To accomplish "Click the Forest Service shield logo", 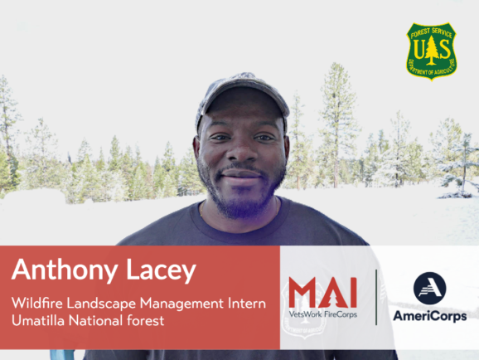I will [x=431, y=51].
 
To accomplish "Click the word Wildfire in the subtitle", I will [x=37, y=303].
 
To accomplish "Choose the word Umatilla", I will [x=42, y=321].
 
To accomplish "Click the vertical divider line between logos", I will [x=376, y=296].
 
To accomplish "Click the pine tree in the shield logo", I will [x=431, y=52].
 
